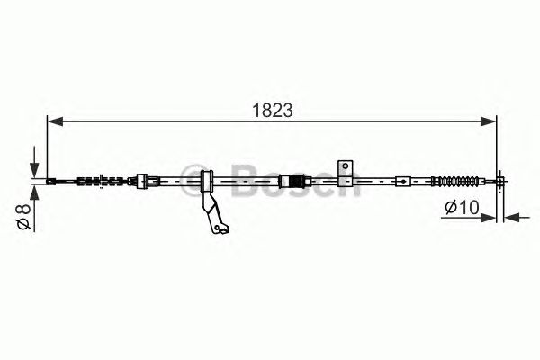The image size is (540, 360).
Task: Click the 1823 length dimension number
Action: [273, 110]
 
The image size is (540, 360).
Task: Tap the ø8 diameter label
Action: [23, 216]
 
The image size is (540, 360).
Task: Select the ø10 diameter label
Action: [462, 207]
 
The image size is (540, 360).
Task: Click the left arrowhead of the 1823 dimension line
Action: [55, 121]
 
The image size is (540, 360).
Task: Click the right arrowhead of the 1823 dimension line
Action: [489, 121]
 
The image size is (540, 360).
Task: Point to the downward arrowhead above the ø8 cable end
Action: [34, 169]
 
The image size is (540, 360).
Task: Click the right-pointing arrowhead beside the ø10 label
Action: [488, 218]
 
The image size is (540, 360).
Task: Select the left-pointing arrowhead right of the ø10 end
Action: [512, 218]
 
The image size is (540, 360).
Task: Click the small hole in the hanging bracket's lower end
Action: [217, 228]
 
